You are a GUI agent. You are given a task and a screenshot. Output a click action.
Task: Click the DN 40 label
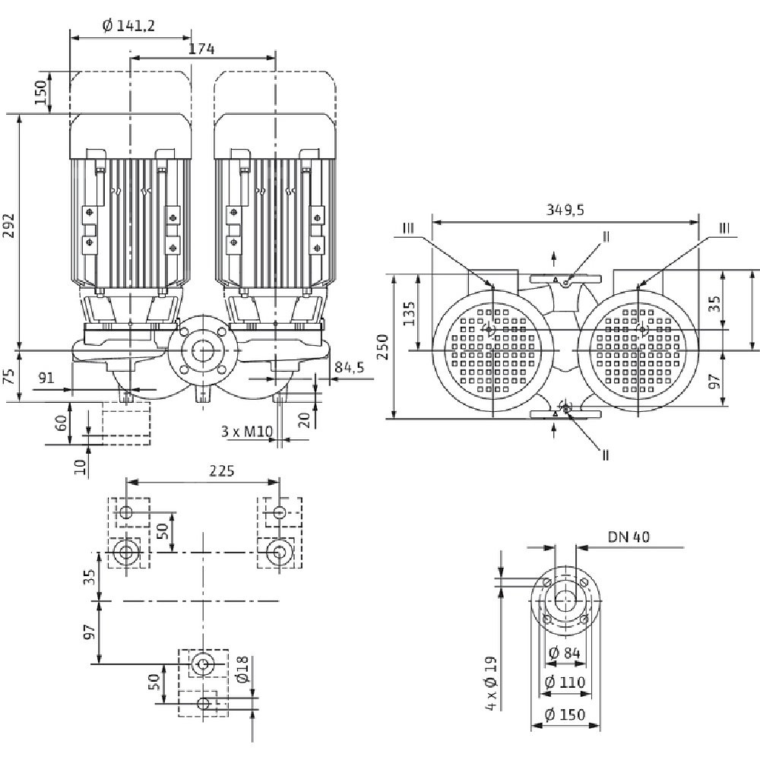[629, 537]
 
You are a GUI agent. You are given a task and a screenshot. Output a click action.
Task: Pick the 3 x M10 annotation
[246, 431]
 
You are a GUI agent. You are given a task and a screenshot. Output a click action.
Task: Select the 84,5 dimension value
[349, 368]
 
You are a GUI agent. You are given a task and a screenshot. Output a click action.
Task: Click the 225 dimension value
[220, 471]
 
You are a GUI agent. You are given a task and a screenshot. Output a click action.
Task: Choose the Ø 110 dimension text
[566, 682]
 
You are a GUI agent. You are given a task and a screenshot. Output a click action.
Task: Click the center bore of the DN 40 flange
[565, 600]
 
